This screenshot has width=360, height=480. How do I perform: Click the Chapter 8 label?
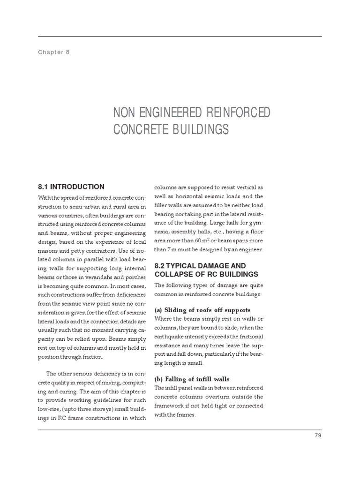[54, 52]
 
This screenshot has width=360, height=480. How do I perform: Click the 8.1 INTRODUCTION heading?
[71, 187]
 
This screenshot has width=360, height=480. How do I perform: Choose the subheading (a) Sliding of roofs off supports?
[202, 310]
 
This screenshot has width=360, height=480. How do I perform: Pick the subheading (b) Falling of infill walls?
[192, 379]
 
